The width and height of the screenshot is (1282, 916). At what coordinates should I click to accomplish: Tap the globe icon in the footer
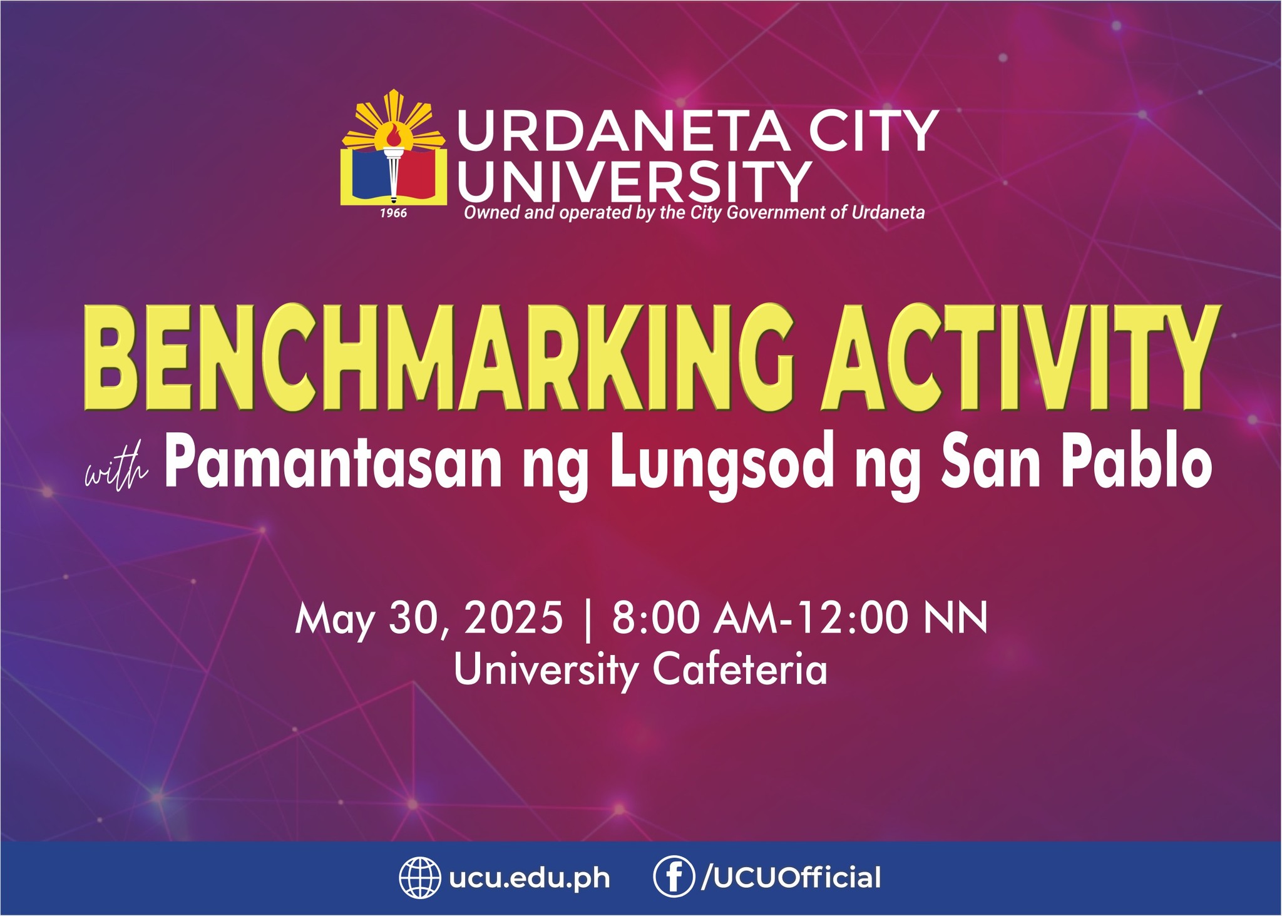420,878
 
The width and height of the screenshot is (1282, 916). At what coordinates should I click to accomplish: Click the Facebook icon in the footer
674,878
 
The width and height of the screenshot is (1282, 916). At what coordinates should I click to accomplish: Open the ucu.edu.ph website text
530,878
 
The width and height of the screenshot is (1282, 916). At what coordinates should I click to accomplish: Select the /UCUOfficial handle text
791,877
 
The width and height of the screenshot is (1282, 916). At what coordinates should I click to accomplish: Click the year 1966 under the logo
394,214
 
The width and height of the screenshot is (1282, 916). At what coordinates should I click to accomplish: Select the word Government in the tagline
776,213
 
